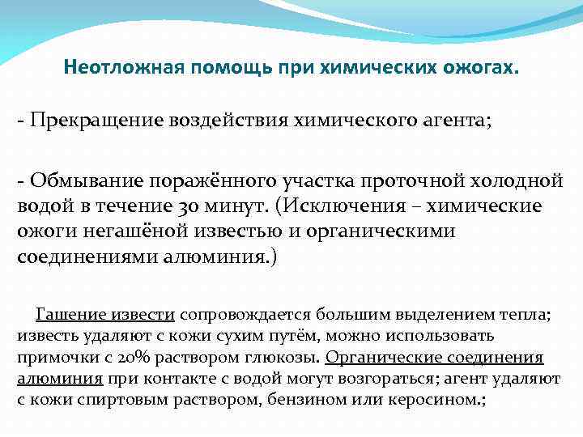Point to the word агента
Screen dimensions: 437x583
click(455, 121)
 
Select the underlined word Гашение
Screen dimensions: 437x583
click(69, 315)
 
